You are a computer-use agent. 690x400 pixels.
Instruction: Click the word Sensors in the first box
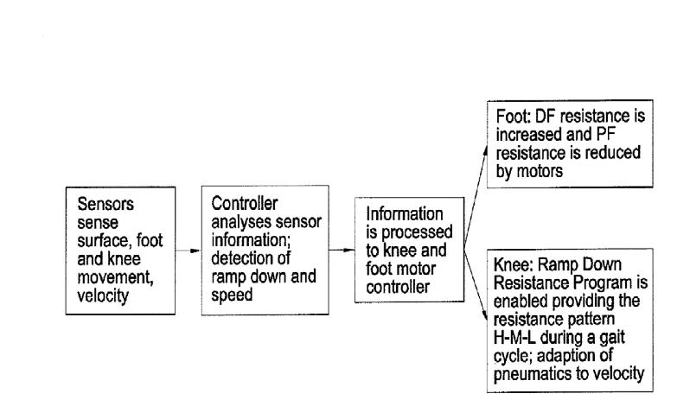(105, 204)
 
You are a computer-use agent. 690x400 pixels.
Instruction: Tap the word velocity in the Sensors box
(103, 295)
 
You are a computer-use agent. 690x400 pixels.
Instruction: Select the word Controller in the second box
(244, 204)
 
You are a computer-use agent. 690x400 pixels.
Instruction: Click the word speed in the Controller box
(232, 295)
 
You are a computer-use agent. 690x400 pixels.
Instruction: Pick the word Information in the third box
(405, 214)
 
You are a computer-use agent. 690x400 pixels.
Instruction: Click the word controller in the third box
(398, 287)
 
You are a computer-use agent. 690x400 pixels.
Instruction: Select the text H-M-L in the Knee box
(514, 338)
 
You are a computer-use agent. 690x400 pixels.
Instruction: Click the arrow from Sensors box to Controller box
(188, 251)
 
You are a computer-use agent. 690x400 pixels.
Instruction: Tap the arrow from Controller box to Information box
(342, 251)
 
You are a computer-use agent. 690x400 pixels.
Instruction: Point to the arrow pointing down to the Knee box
(476, 286)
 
